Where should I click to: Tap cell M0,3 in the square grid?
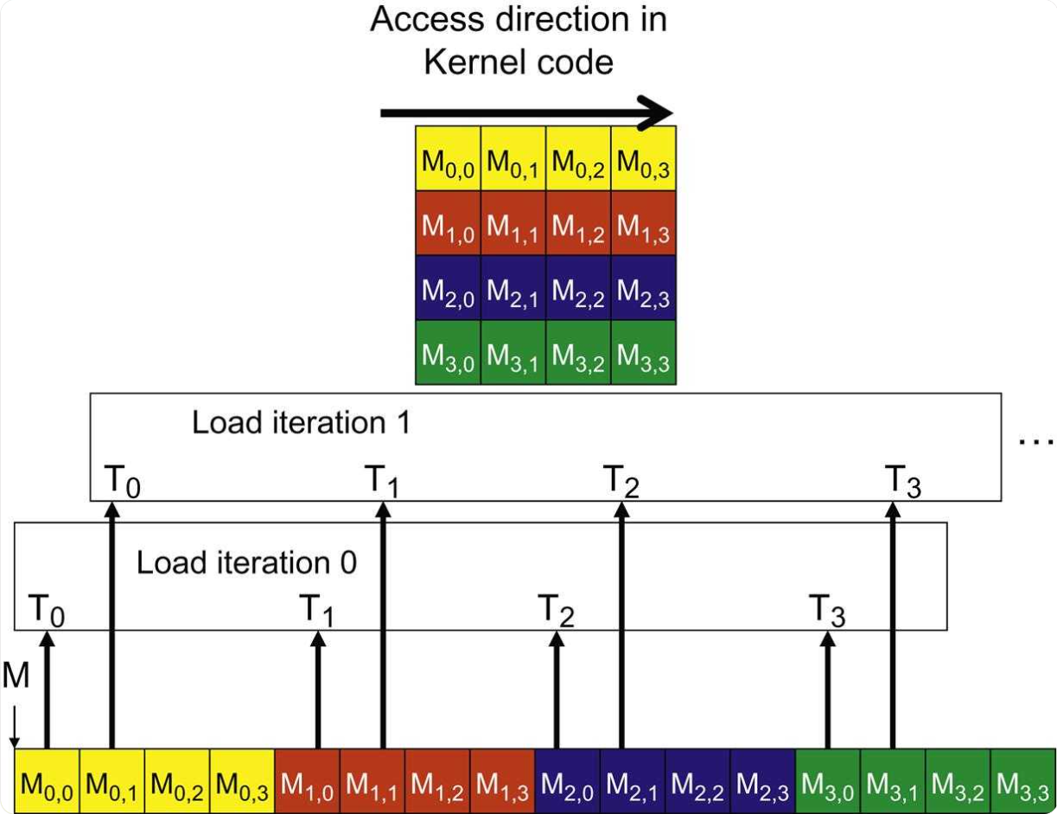tap(643, 159)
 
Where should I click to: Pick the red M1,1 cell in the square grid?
tap(513, 224)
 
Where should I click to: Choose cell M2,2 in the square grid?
tap(578, 289)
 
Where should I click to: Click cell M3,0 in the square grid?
tap(448, 353)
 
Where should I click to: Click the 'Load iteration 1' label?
tap(301, 423)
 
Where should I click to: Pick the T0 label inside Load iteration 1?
tap(122, 481)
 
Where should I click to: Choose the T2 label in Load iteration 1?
tap(621, 481)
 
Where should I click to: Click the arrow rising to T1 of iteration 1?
tap(383, 623)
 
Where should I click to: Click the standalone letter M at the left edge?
tap(15, 676)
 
